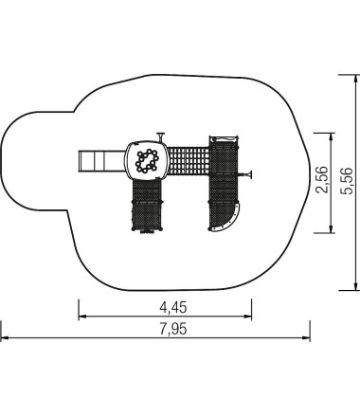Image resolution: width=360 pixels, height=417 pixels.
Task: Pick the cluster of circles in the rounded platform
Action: (148, 160)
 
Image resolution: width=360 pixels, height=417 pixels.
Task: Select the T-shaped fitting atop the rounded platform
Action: (162, 136)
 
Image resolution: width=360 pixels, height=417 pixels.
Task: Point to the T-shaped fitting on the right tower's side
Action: (249, 173)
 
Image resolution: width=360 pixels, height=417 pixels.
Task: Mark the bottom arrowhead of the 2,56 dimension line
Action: (330, 230)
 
